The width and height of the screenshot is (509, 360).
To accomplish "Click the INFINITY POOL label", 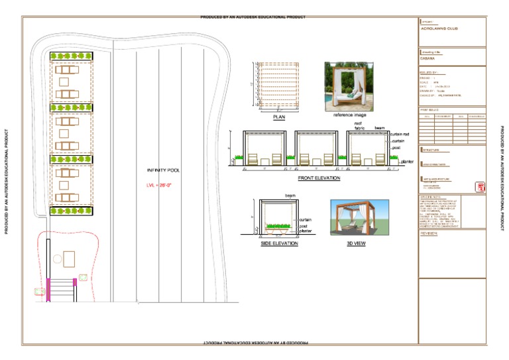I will point(163,170).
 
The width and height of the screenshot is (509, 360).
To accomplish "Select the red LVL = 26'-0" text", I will point(163,186).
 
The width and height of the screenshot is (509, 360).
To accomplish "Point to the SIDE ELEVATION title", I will point(279,244).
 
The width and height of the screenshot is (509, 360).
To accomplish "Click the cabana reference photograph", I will point(349,86).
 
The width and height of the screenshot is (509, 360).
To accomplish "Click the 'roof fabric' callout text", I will point(358,126).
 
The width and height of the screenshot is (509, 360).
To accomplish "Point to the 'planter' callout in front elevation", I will point(407,161).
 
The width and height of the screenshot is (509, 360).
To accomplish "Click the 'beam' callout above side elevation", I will point(290,196).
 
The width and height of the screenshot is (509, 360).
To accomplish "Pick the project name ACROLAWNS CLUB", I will point(439,29).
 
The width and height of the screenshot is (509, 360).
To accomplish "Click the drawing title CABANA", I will point(428,58).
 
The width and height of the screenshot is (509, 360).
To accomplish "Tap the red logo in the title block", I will point(479,188).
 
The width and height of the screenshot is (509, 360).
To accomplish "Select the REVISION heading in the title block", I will point(429,233).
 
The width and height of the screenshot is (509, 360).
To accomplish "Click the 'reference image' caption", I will point(349,115).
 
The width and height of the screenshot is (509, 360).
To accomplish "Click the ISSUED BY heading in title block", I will point(429,72).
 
